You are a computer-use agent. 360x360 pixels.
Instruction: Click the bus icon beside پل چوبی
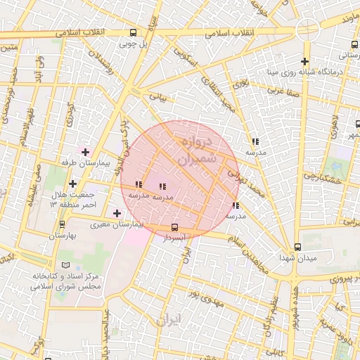(134, 32)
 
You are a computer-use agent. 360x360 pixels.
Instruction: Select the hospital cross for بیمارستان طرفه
(86, 152)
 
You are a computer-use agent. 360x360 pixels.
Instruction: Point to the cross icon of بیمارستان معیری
(117, 213)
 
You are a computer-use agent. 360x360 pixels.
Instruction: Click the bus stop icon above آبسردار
(174, 227)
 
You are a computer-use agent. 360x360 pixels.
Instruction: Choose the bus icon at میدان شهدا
(298, 247)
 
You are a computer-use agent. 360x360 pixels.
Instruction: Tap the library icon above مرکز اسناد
(66, 265)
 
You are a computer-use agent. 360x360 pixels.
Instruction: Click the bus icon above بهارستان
(63, 225)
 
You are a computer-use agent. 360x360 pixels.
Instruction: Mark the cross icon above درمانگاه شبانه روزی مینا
(304, 62)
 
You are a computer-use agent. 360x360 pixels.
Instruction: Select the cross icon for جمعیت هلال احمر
(72, 184)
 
